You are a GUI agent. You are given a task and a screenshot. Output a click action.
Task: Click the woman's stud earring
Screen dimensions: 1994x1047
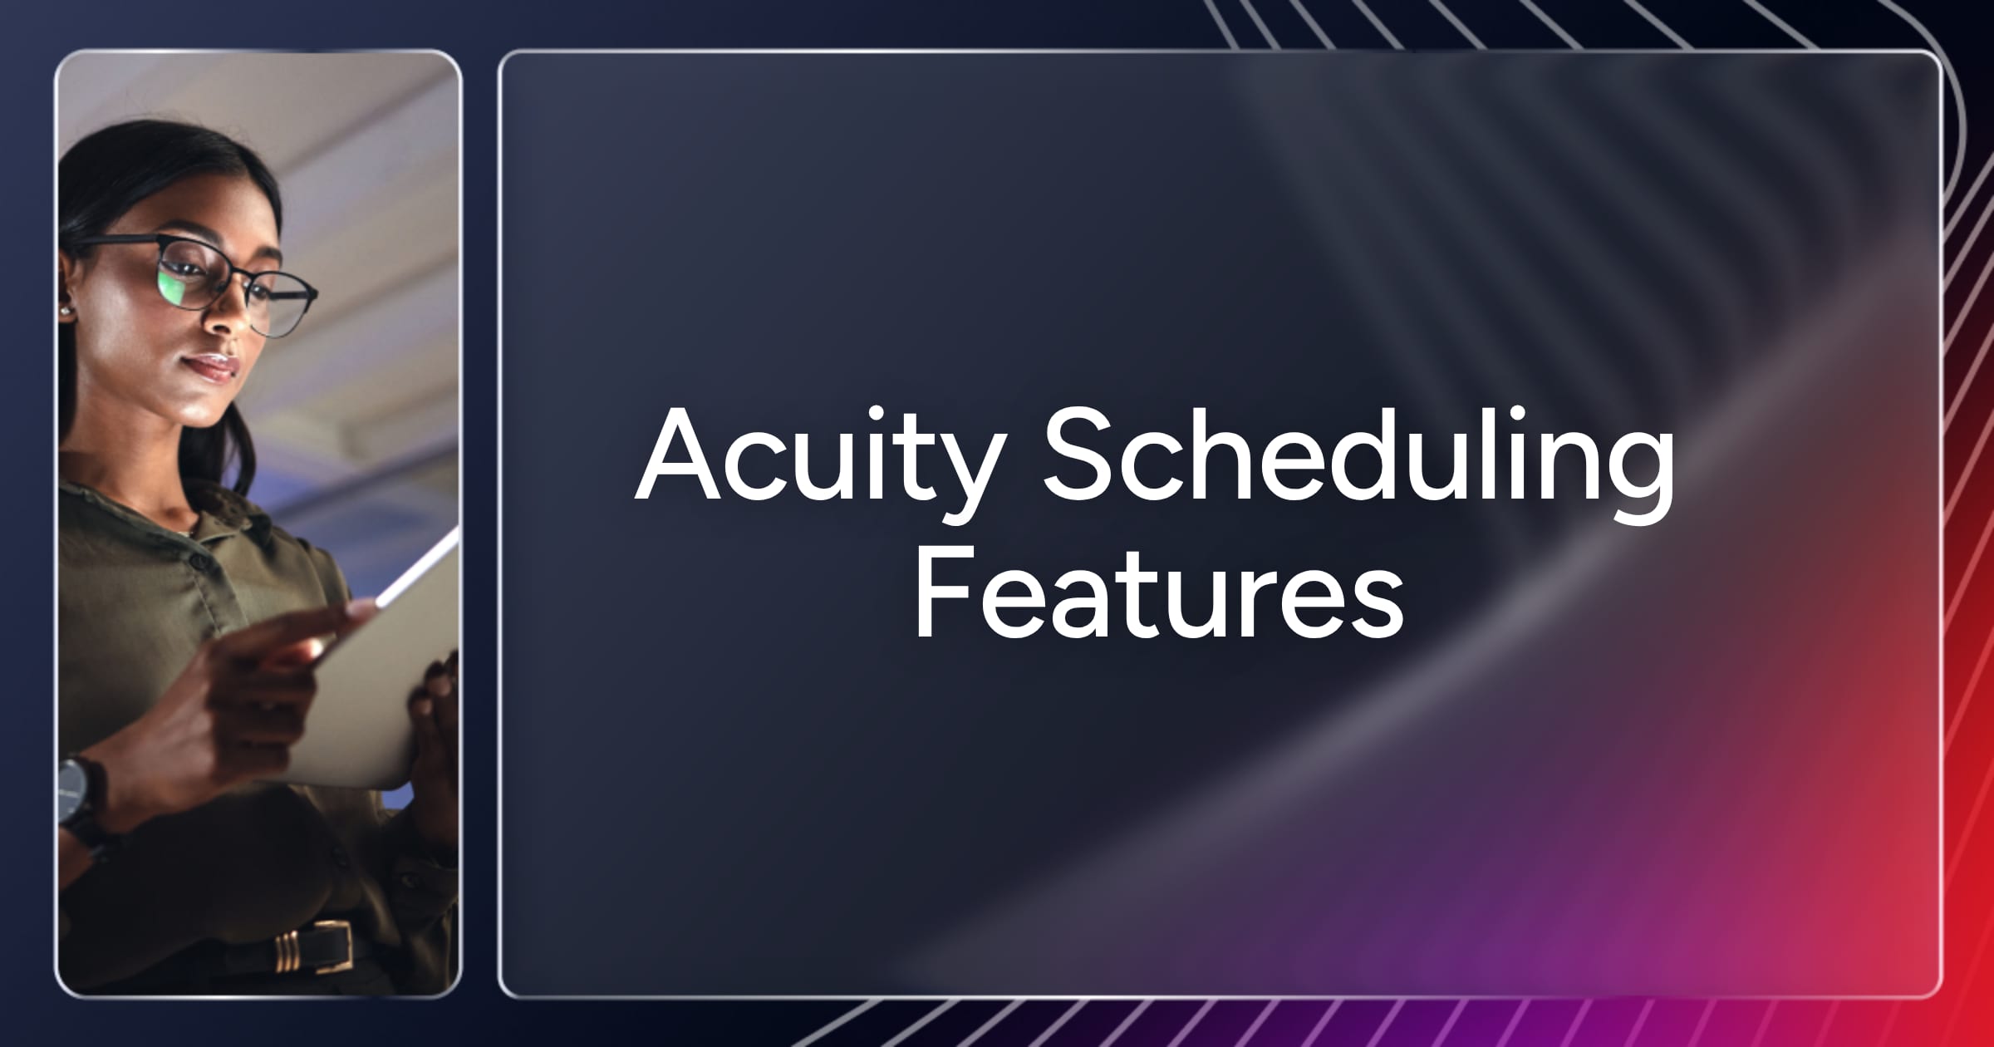click(x=64, y=310)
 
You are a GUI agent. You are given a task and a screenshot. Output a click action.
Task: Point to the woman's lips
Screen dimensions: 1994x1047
click(x=209, y=366)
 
